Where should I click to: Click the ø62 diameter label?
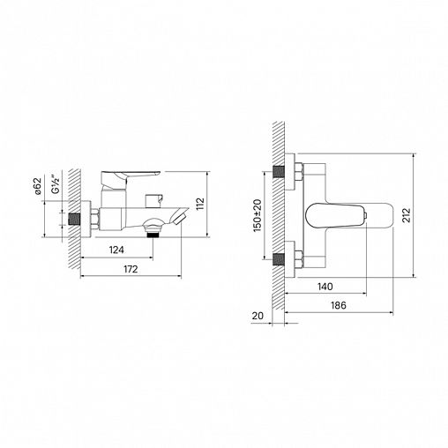(x=37, y=186)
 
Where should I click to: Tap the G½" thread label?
(x=56, y=184)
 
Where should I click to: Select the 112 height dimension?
(x=200, y=204)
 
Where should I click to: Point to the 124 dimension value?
(x=116, y=250)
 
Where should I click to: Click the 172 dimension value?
(x=131, y=269)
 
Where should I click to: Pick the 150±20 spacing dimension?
(x=258, y=215)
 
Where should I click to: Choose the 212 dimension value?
(x=407, y=215)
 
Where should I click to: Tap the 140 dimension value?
(x=325, y=287)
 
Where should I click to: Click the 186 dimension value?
(x=339, y=305)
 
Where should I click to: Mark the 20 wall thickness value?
(x=258, y=316)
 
